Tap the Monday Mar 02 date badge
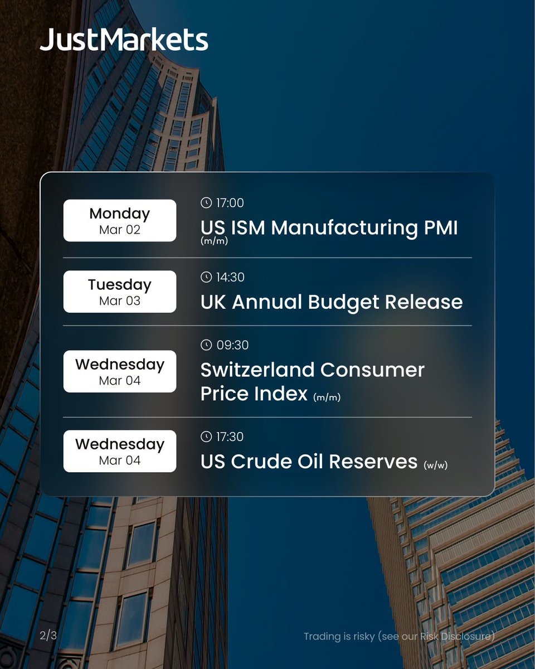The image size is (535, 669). tap(120, 221)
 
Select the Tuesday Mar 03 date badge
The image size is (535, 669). tap(120, 292)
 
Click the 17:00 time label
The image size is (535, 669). tap(230, 203)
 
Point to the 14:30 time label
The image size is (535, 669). tap(230, 277)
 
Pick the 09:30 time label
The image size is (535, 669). tap(232, 345)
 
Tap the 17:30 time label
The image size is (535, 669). tap(230, 437)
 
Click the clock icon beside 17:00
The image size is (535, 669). tap(206, 203)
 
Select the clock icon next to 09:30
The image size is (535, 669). tap(206, 345)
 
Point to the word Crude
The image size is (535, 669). tap(264, 462)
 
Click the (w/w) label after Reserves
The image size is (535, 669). tap(435, 464)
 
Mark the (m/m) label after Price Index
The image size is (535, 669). tap(327, 397)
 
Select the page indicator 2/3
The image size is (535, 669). tap(48, 636)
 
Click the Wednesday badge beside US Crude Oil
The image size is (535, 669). tap(120, 451)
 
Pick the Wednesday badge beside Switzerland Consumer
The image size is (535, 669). tap(120, 371)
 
